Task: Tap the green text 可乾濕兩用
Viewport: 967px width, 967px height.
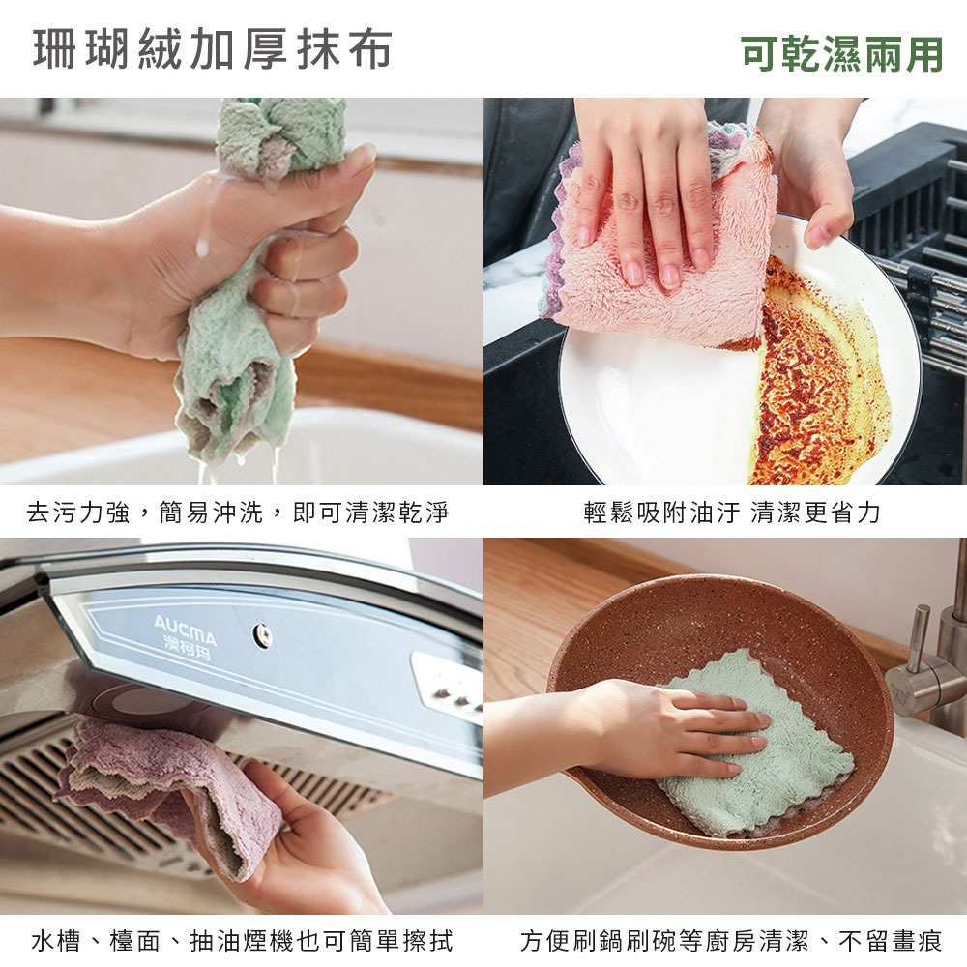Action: (x=841, y=54)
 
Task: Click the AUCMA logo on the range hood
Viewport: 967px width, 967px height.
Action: (x=186, y=631)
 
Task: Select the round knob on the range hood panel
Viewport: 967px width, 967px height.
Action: (x=261, y=634)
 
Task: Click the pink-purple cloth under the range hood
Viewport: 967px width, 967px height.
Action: (x=155, y=783)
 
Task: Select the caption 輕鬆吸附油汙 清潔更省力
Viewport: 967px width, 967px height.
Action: (x=732, y=513)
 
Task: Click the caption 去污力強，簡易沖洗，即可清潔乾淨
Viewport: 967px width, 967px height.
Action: (x=238, y=513)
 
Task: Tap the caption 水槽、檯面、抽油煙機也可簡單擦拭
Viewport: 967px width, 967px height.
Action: (x=242, y=940)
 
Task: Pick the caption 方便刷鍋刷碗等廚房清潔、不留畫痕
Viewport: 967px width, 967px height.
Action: (x=731, y=940)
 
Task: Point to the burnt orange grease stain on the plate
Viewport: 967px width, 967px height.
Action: (x=812, y=387)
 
